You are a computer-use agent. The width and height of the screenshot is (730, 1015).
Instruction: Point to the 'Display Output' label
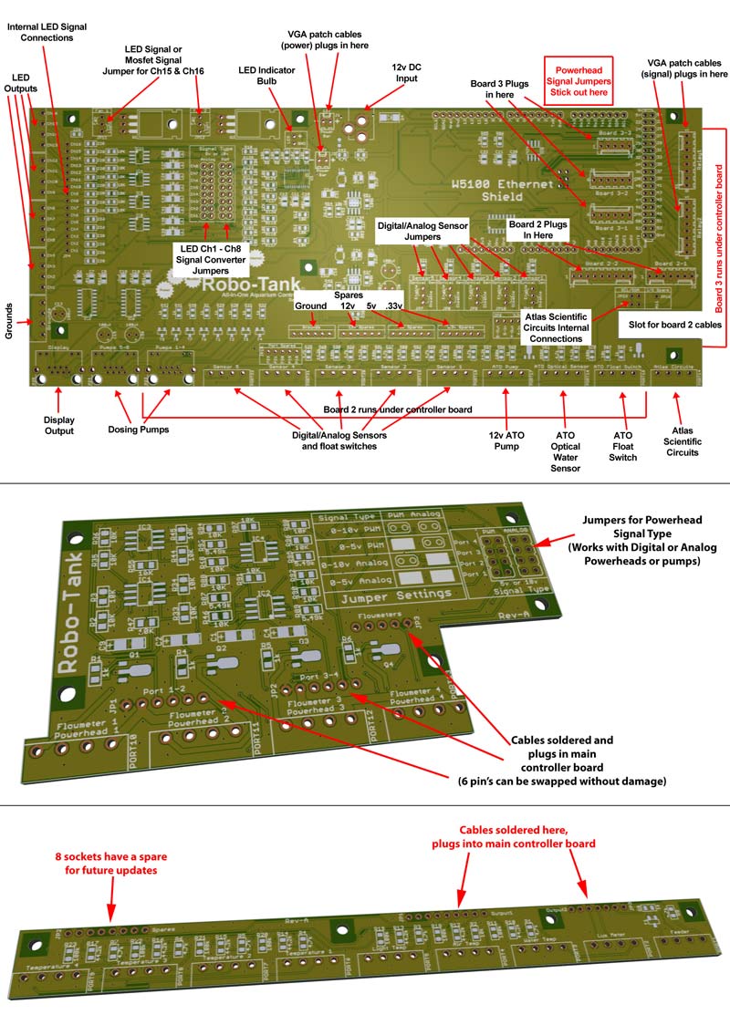[57, 426]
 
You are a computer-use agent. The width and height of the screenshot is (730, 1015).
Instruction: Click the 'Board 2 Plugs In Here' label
[537, 229]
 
